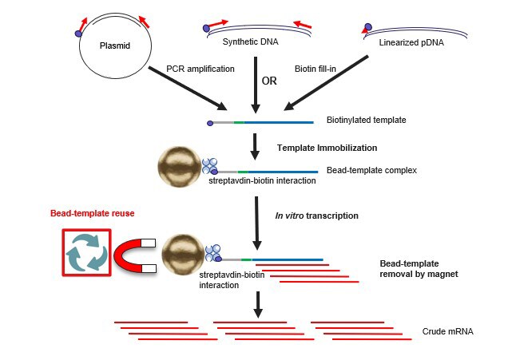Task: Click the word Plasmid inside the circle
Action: (x=115, y=45)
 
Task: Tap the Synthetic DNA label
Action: (x=251, y=42)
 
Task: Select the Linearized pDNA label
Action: (x=411, y=42)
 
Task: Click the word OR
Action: (x=269, y=81)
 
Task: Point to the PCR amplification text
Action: (x=200, y=69)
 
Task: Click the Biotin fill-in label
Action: (x=316, y=69)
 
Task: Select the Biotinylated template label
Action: (x=367, y=120)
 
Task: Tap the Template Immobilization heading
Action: (x=327, y=148)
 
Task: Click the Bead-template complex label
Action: (x=371, y=170)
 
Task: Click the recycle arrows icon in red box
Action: (x=86, y=252)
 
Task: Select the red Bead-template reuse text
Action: (x=93, y=213)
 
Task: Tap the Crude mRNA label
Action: (x=447, y=331)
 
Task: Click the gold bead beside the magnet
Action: (x=183, y=255)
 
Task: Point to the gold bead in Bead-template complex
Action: (x=180, y=167)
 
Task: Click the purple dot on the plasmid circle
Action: (x=78, y=34)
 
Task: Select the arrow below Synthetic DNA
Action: (x=256, y=85)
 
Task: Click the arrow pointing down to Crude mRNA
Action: (x=258, y=304)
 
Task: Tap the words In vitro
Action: (x=289, y=216)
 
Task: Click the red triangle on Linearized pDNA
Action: (x=365, y=30)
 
